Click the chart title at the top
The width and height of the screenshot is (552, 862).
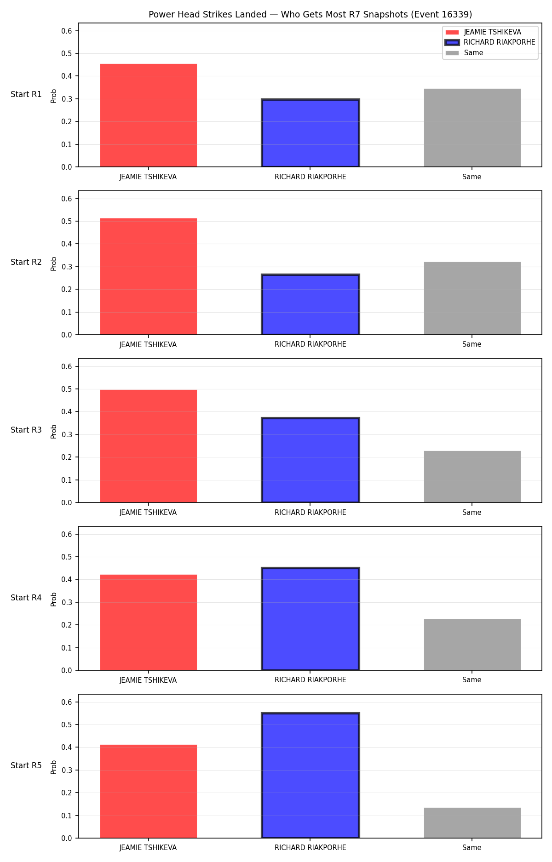[310, 15]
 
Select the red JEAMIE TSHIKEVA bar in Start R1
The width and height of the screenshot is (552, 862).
[149, 115]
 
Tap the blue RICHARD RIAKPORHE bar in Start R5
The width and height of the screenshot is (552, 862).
[310, 775]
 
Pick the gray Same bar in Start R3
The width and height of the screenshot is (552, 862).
[472, 477]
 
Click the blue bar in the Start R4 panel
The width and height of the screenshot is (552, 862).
[310, 619]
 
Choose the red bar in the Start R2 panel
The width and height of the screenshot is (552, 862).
[149, 276]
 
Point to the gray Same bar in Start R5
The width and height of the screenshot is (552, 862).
[472, 823]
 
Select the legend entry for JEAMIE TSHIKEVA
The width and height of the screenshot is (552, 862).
[483, 32]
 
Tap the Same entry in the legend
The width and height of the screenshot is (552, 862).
[465, 53]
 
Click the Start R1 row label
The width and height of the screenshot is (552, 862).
[26, 94]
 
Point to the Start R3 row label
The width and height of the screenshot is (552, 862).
[26, 430]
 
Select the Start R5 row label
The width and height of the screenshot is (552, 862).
[26, 765]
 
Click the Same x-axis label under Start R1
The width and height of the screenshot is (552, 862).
[472, 177]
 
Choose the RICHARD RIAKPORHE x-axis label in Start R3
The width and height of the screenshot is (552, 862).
[310, 513]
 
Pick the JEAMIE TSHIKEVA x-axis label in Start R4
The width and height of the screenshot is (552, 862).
[148, 680]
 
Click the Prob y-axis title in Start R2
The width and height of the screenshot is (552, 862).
[54, 263]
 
